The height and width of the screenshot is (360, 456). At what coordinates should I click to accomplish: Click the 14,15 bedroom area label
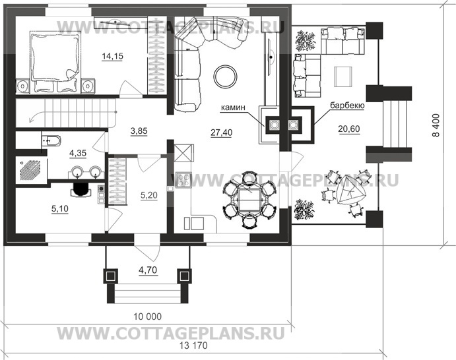coord(111,56)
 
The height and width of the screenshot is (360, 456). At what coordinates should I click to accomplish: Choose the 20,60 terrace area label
coord(341,132)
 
